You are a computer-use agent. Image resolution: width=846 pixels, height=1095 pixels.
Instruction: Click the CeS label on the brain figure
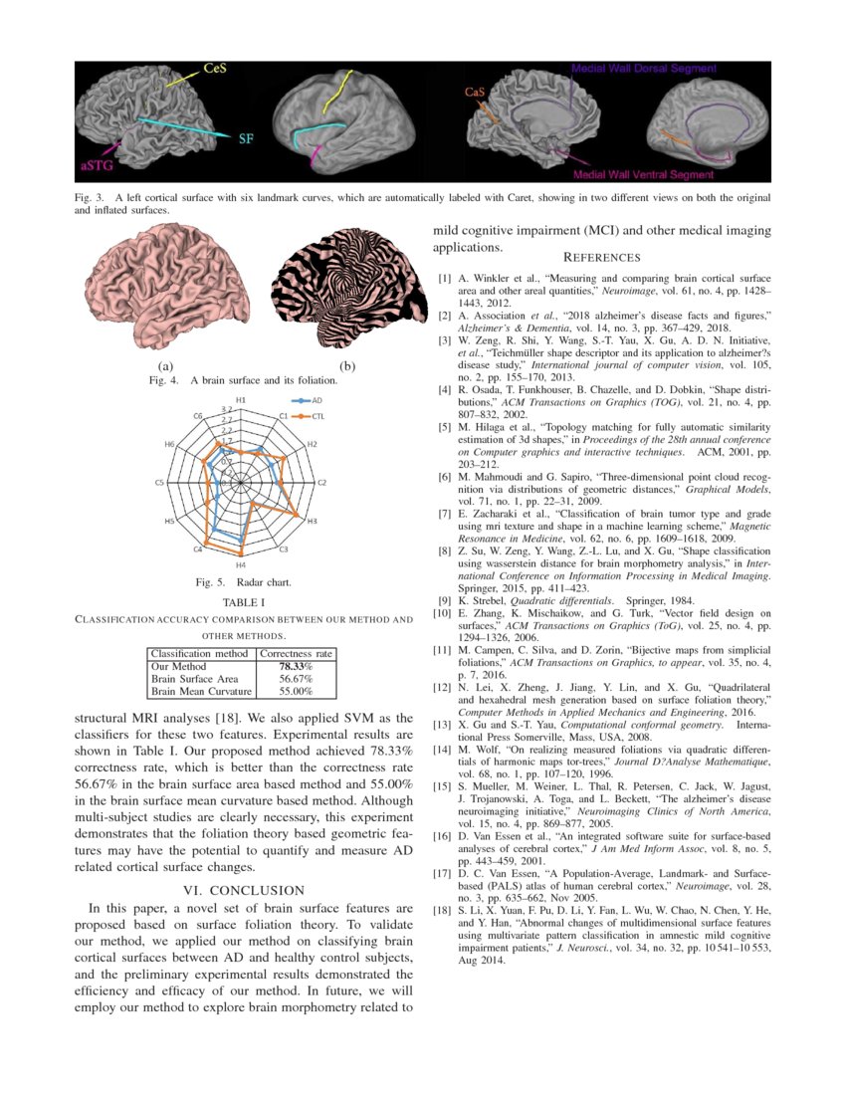(214, 69)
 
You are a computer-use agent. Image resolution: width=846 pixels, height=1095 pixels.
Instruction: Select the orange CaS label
(475, 92)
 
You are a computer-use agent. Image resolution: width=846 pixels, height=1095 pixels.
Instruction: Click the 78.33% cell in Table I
(296, 666)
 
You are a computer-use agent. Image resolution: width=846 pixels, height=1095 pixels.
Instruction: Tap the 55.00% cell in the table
(296, 690)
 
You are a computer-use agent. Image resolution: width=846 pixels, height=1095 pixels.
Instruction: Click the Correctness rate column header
(296, 653)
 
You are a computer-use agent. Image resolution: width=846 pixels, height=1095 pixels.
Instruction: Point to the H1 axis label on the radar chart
(241, 400)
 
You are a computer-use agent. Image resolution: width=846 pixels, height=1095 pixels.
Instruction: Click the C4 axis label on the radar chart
(199, 549)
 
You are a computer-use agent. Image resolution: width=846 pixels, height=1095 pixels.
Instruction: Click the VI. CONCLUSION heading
(244, 889)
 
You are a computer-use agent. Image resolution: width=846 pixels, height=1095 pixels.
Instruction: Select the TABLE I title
(243, 603)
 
